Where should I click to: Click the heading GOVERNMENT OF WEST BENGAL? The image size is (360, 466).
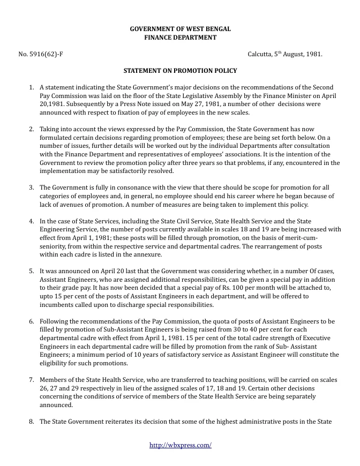180,29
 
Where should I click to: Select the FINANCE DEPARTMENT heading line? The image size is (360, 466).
180,37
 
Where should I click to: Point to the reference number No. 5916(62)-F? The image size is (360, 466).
41,55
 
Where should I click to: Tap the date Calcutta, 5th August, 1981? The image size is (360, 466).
285,55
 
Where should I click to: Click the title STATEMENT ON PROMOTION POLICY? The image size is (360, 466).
180,71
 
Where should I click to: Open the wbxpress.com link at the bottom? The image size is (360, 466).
180,445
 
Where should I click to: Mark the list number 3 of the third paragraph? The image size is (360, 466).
32,187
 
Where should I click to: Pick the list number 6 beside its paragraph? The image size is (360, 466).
32,321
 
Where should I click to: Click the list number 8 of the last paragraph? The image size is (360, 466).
32,422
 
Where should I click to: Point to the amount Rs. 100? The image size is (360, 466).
205,288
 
